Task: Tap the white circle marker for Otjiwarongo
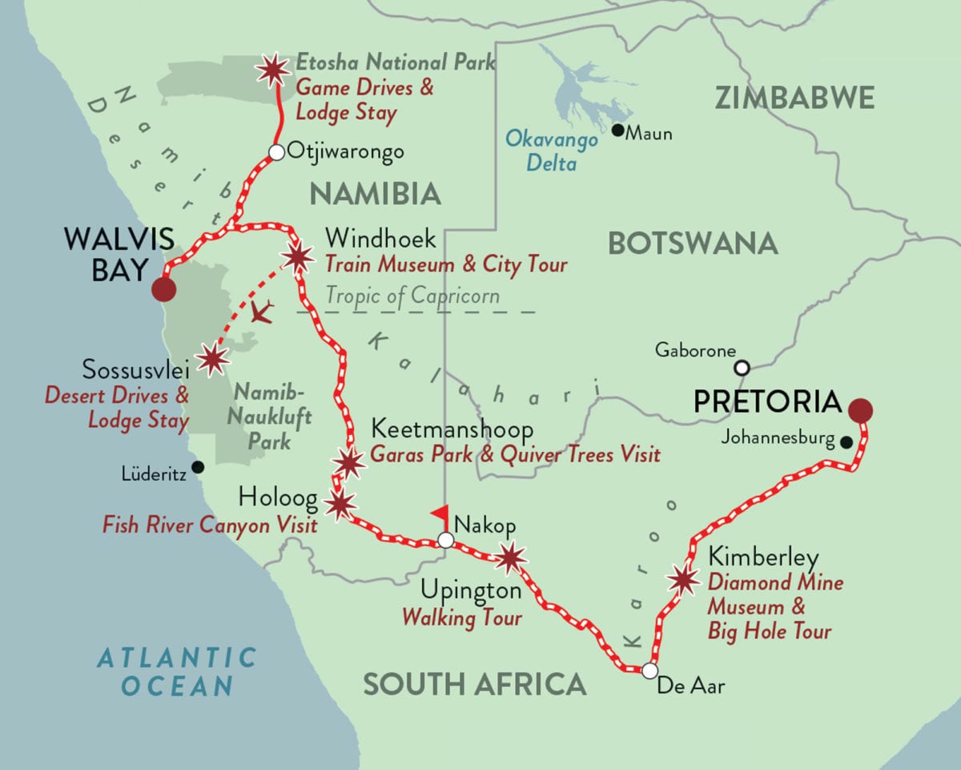tap(276, 152)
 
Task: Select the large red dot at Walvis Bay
tap(163, 289)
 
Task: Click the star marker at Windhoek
tap(297, 257)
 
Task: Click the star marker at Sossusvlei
tap(212, 360)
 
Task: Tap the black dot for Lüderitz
tap(198, 467)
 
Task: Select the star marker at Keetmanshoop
tap(348, 463)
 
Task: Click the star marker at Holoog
tap(340, 504)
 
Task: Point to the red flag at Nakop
tap(439, 514)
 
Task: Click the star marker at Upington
tap(510, 557)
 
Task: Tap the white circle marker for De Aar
tap(649, 670)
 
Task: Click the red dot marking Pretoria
tap(862, 411)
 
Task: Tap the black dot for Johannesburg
tap(845, 441)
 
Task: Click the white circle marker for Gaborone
tap(742, 368)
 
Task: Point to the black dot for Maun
tap(617, 130)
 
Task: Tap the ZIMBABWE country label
tap(794, 97)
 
